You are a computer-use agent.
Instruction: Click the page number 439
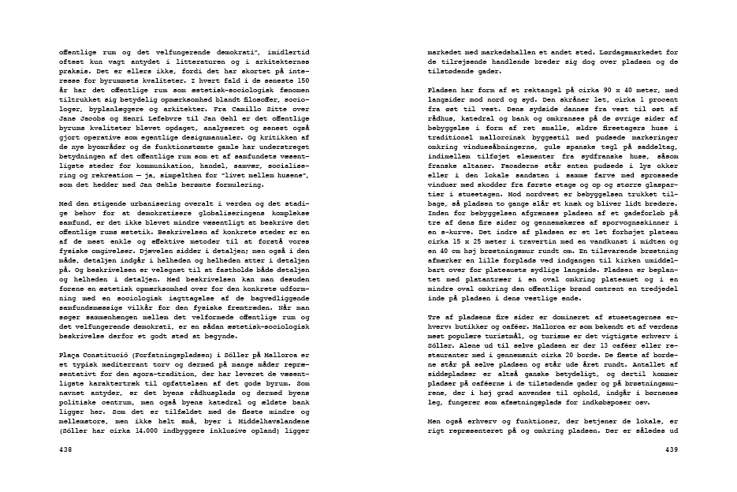pyautogui.click(x=671, y=449)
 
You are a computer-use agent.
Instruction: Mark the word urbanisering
pyautogui.click(x=158, y=204)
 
